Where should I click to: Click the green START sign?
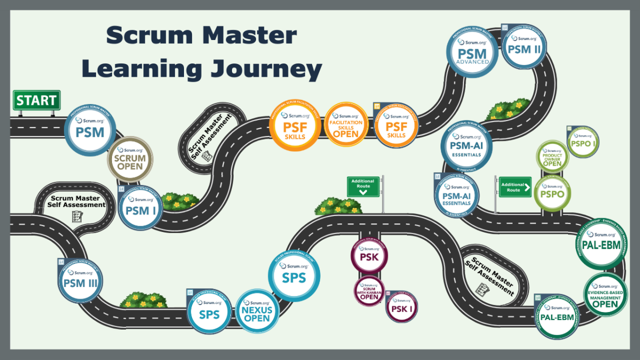[x=36, y=100]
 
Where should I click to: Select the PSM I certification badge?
[x=140, y=208]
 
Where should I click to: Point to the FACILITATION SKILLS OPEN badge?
[x=346, y=125]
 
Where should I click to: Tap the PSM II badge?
[x=524, y=46]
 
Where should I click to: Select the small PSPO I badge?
[x=583, y=142]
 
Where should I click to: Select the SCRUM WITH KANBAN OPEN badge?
[x=369, y=292]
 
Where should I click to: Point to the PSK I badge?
[x=402, y=307]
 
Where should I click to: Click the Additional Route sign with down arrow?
[x=363, y=187]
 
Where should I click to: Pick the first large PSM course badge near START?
[x=90, y=130]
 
